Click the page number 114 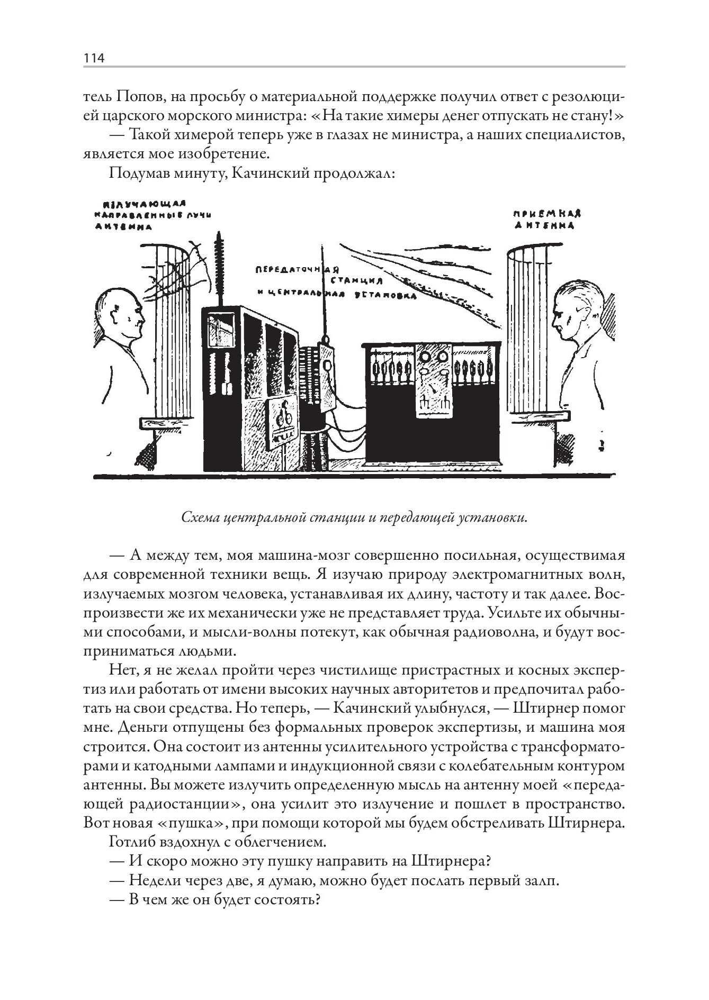point(94,58)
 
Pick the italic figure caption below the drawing point(354,517)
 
